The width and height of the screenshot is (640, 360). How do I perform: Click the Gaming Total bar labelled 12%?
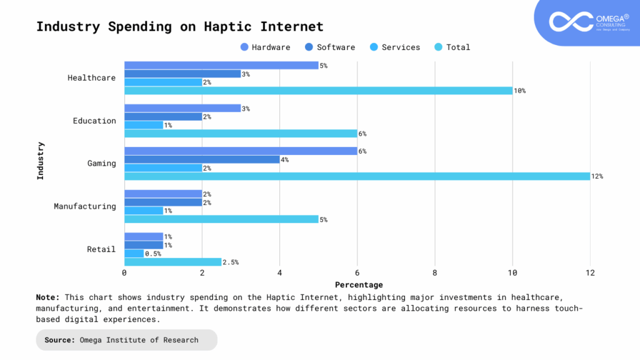[357, 176]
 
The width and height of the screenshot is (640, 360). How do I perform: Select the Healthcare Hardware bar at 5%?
[221, 65]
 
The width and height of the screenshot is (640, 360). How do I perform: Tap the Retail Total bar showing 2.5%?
[172, 262]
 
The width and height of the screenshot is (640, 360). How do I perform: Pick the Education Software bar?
[163, 117]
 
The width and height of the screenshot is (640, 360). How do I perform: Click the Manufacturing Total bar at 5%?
[221, 219]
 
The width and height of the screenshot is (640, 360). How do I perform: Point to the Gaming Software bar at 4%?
[202, 159]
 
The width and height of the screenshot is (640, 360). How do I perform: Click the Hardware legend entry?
[265, 47]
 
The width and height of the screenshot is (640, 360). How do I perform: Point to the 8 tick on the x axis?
[434, 273]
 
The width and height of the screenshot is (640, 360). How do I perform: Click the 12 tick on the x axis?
[590, 273]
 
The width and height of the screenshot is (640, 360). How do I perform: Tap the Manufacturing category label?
[84, 206]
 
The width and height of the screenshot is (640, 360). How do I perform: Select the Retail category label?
[101, 249]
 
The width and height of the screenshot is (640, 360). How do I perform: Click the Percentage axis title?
[359, 285]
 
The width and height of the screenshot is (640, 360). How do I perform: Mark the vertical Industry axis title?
[41, 161]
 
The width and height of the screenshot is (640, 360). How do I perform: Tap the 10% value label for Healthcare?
[519, 91]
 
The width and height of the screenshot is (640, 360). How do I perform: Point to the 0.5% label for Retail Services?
[153, 254]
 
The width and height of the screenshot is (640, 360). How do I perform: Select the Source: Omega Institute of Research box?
[127, 340]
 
